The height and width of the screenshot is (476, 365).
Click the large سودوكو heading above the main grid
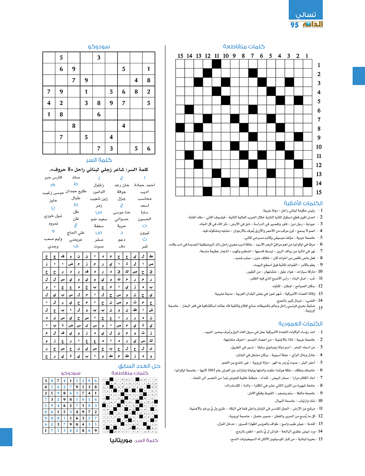pyautogui.click(x=99, y=46)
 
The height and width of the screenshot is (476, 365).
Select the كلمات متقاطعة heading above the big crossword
pyautogui.click(x=244, y=46)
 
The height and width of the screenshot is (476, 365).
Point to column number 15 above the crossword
pyautogui.click(x=180, y=55)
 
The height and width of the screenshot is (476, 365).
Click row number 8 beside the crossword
pyautogui.click(x=318, y=128)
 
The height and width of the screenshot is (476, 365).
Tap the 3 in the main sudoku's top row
pyautogui.click(x=99, y=57)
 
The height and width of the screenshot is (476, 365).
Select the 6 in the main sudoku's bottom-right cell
pyautogui.click(x=149, y=148)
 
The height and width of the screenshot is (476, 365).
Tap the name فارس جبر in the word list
pyautogui.click(x=54, y=178)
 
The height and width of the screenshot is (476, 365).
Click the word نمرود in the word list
pyautogui.click(x=50, y=224)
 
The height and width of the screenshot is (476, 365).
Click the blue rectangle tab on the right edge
pyautogui.click(x=359, y=76)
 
